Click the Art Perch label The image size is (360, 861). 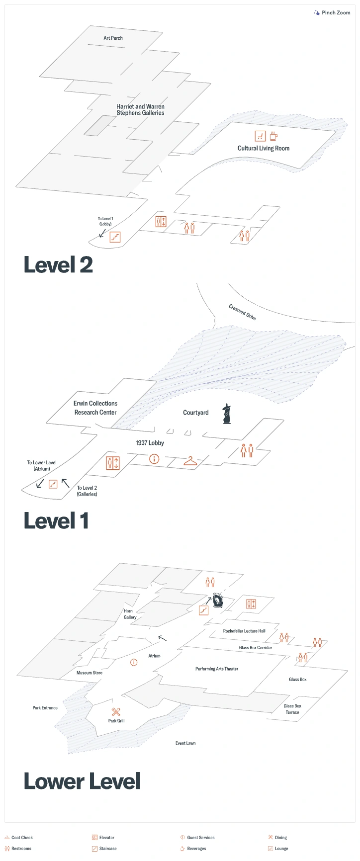click(113, 38)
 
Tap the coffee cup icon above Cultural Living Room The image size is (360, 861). click(273, 136)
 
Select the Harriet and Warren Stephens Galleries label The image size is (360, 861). click(140, 110)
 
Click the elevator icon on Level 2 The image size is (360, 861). click(161, 222)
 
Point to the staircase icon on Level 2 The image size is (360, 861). click(115, 237)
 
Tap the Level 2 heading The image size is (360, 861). click(58, 265)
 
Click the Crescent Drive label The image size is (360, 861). click(242, 312)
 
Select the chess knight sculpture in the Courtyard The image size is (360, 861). click(227, 414)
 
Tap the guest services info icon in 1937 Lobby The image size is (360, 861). click(154, 459)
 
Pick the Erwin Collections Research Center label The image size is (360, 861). click(95, 408)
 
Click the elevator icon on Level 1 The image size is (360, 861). click(113, 463)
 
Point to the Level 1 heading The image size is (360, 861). click(56, 521)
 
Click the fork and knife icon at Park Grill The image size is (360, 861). click(116, 712)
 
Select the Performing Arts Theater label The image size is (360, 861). click(217, 669)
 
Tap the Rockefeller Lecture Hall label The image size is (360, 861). click(244, 631)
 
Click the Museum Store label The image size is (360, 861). click(90, 673)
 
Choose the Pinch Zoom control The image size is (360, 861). click(332, 12)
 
